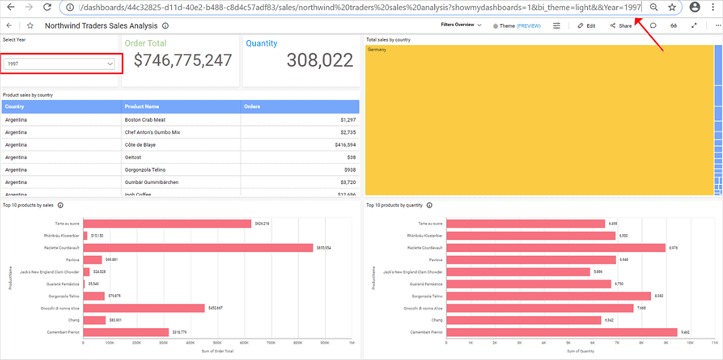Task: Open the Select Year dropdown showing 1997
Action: [59, 64]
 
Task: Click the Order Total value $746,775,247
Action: [183, 60]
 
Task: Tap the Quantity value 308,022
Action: [319, 60]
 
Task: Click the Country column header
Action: [15, 107]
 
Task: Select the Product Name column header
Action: [142, 107]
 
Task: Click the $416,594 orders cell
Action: [345, 145]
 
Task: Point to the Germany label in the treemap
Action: [377, 50]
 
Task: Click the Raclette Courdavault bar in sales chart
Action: [198, 248]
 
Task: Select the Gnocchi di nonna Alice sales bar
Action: [144, 308]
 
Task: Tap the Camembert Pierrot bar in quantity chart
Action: [561, 332]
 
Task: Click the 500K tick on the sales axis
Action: [217, 343]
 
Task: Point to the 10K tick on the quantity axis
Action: [690, 343]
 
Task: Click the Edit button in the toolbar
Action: [587, 26]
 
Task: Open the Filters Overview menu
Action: [461, 25]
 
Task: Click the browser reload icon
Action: [47, 7]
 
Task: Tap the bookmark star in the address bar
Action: [672, 7]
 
